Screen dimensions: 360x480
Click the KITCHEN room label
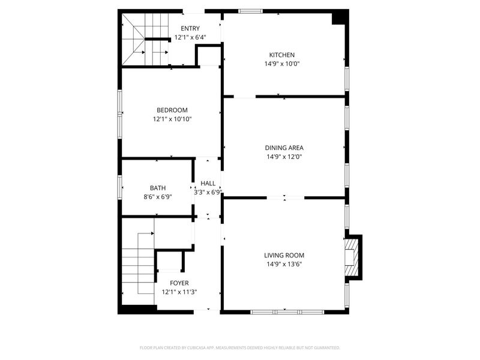(281, 55)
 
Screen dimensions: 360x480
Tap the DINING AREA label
(284, 148)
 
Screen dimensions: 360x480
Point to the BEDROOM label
(172, 110)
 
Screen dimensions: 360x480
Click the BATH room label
(157, 187)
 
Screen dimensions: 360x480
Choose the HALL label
(208, 184)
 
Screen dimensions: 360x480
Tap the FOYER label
(179, 283)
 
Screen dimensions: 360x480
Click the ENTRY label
(190, 28)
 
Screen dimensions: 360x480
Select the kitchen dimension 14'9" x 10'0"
(282, 64)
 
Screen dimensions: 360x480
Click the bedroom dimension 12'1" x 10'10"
(172, 119)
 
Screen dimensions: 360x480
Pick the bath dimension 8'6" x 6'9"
(157, 196)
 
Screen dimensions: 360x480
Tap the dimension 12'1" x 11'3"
(179, 292)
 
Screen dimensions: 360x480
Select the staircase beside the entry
(144, 39)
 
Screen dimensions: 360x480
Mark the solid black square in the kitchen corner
(340, 17)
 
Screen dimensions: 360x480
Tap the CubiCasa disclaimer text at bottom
(240, 347)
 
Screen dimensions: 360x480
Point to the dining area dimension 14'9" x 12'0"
(284, 157)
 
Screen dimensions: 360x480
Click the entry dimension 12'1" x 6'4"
(190, 37)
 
